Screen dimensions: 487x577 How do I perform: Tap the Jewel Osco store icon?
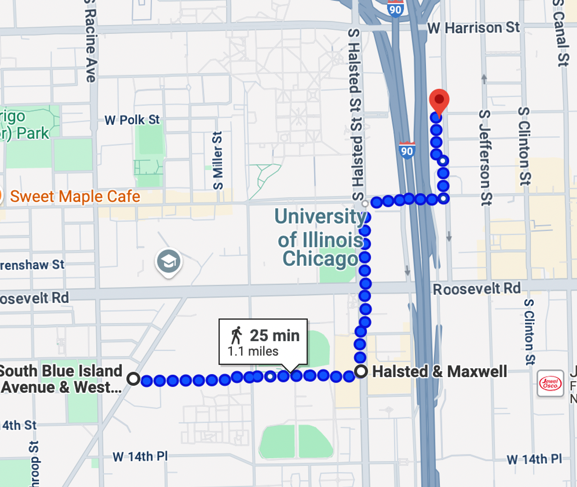point(550,383)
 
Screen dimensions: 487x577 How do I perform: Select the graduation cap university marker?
point(169,262)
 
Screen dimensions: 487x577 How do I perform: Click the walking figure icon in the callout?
point(237,335)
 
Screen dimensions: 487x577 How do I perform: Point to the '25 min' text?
point(275,335)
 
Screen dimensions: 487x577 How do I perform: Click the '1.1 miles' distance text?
point(253,351)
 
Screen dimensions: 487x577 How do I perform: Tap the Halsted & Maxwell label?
point(439,371)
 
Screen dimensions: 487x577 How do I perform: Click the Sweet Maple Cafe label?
point(75,196)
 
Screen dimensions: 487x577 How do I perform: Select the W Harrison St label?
point(473,28)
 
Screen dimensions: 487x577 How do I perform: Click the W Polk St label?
point(132,120)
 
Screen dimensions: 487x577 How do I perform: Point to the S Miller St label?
point(218,160)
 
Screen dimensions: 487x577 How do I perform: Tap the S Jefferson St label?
point(485,158)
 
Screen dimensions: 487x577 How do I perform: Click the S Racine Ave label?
point(90,42)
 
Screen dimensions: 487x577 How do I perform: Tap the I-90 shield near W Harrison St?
point(395,9)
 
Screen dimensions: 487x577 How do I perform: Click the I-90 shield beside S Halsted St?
point(407,150)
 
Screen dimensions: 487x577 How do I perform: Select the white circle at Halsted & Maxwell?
point(361,371)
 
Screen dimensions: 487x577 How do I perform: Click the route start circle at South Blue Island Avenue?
point(133,378)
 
